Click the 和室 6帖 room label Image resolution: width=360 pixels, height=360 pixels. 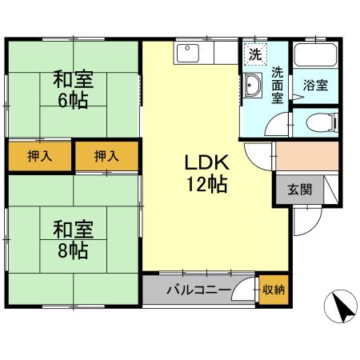[74, 90]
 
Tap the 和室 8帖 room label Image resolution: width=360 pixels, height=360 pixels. [74, 240]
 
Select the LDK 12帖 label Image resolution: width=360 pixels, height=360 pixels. [207, 173]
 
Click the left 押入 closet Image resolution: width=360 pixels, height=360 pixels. [40, 156]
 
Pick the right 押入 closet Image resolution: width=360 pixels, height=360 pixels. [106, 156]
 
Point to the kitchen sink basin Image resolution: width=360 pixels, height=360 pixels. [187, 53]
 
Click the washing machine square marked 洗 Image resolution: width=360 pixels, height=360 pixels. [255, 54]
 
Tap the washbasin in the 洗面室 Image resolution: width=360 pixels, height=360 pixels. [252, 85]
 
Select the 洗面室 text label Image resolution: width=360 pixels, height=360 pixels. [278, 86]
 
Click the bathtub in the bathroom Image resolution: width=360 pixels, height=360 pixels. [315, 54]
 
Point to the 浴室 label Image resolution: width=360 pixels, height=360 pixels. [316, 86]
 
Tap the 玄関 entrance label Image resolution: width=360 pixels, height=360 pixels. [300, 190]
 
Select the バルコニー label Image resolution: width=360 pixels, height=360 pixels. [199, 290]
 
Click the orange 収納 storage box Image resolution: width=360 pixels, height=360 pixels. [274, 290]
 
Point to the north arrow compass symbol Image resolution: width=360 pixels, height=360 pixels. [341, 306]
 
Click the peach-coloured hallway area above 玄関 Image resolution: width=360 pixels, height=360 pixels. [307, 156]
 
